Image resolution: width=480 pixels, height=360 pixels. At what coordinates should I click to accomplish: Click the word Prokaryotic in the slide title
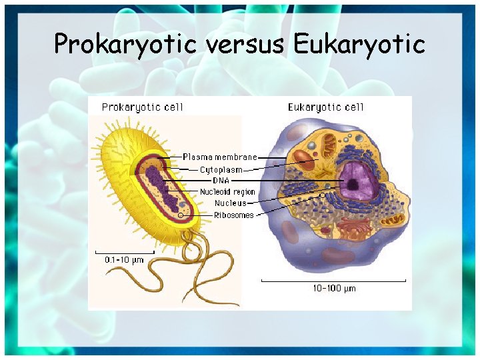pos(126,44)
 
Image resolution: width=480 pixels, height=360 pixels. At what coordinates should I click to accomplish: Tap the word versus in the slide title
pos(246,44)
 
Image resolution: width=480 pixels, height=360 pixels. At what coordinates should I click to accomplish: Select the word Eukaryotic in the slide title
pos(359,44)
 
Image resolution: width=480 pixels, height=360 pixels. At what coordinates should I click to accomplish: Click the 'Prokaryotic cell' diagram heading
pos(142,107)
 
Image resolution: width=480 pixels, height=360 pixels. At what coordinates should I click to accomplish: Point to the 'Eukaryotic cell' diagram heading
pos(326,107)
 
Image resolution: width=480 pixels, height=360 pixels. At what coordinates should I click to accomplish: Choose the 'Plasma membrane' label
pos(219,157)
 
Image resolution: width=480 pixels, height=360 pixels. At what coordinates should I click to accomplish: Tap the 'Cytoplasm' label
pos(221,169)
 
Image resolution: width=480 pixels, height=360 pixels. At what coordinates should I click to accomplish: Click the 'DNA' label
pos(221,181)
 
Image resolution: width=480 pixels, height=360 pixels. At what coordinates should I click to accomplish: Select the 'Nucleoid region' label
pos(227,192)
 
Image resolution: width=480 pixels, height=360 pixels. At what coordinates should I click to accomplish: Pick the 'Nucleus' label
pos(230,203)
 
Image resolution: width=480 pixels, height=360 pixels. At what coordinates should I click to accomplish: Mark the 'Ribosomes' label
pos(233,215)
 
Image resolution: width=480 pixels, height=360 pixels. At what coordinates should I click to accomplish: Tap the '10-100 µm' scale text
pos(334,288)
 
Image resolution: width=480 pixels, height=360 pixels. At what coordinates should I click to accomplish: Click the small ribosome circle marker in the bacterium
pos(181,215)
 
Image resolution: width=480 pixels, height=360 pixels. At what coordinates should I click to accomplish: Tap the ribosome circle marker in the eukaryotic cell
pos(323,195)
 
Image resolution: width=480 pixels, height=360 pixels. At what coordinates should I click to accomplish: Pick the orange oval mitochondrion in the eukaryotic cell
pos(305,160)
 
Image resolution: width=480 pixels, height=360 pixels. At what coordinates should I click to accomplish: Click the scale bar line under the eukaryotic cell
pos(333,281)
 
